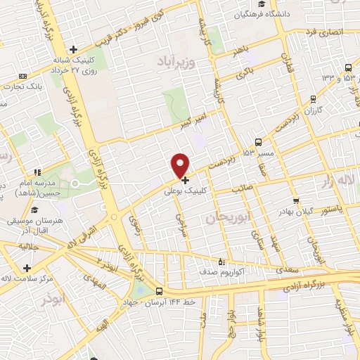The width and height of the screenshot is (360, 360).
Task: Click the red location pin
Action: point(181,165)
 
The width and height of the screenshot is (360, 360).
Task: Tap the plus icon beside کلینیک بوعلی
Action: point(185,180)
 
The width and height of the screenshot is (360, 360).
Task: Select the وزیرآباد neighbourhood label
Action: point(169,60)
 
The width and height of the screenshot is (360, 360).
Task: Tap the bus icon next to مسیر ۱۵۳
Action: point(259,141)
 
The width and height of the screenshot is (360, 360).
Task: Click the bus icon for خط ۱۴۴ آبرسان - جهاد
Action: point(159,291)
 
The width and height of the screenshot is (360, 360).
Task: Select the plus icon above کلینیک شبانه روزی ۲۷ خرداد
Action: point(72,49)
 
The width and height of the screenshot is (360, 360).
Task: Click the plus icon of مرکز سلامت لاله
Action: point(27,268)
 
